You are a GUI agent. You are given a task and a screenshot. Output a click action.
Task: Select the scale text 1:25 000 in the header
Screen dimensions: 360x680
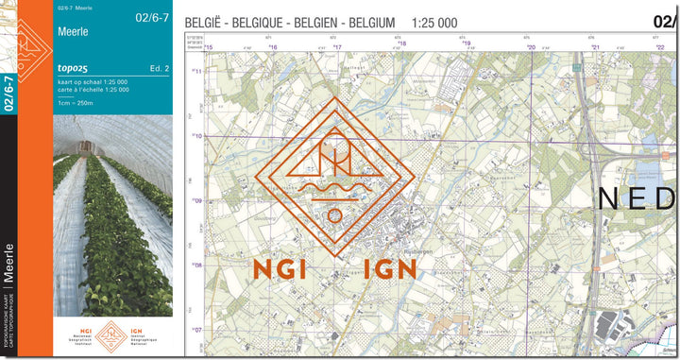pyautogui.click(x=434, y=22)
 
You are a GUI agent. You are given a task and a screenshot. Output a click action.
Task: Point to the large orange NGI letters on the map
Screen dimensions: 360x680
pyautogui.click(x=280, y=268)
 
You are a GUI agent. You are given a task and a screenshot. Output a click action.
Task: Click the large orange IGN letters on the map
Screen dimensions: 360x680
pyautogui.click(x=388, y=268)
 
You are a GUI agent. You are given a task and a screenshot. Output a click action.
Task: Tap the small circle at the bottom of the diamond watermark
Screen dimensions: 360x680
pyautogui.click(x=333, y=215)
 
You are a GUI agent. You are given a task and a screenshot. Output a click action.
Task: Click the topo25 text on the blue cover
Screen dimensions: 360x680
pyautogui.click(x=76, y=69)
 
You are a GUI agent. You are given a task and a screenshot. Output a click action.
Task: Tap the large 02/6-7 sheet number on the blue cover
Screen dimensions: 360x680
pyautogui.click(x=152, y=17)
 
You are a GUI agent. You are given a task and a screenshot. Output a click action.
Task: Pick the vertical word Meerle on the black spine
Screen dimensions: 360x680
pyautogui.click(x=8, y=262)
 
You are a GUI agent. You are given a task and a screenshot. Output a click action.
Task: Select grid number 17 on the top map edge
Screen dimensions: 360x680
pyautogui.click(x=336, y=46)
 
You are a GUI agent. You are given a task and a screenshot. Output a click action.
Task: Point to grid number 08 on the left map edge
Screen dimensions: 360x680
pyautogui.click(x=197, y=265)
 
